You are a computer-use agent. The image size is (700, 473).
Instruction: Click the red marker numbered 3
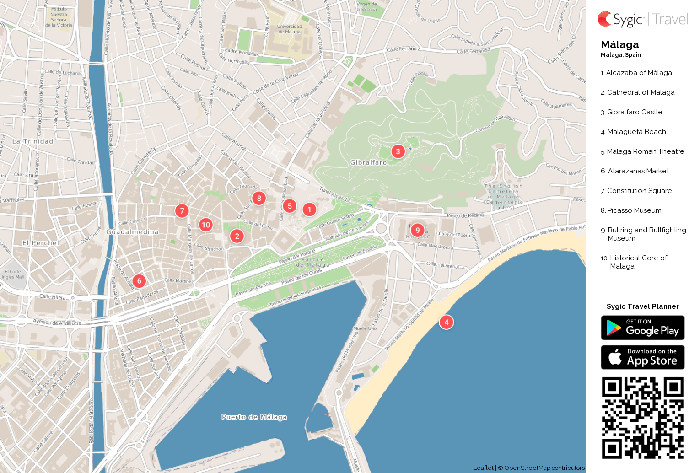coord(398,151)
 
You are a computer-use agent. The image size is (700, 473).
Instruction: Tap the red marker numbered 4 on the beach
coord(447,322)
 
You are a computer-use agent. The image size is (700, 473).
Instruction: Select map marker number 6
coord(140,281)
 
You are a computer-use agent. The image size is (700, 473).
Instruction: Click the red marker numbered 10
coord(206,225)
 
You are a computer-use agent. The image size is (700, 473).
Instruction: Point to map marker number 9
coord(417,230)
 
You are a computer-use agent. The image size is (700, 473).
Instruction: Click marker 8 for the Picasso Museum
coord(259,198)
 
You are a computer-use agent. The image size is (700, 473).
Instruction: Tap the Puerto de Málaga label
coord(254,417)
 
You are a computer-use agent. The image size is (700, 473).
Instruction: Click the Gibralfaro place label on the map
coord(368,162)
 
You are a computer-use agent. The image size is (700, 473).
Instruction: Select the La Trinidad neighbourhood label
coord(32,141)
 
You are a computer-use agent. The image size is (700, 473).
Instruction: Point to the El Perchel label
coord(41,243)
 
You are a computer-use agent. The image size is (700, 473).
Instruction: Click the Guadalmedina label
coord(132,232)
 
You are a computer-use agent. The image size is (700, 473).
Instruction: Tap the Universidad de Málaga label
coord(290,29)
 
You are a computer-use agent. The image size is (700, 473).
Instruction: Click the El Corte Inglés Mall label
coord(13,274)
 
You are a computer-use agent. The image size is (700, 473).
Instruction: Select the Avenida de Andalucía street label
coord(57,322)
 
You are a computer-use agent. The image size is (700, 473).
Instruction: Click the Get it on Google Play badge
coord(642,328)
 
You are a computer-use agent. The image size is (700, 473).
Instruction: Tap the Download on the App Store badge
coord(642,357)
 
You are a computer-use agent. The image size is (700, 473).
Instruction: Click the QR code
coord(642,418)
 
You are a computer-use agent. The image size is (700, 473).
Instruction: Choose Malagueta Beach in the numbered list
coord(636,132)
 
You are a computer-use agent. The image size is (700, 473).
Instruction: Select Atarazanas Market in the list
coord(638,171)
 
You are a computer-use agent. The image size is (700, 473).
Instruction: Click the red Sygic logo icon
coord(605,19)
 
